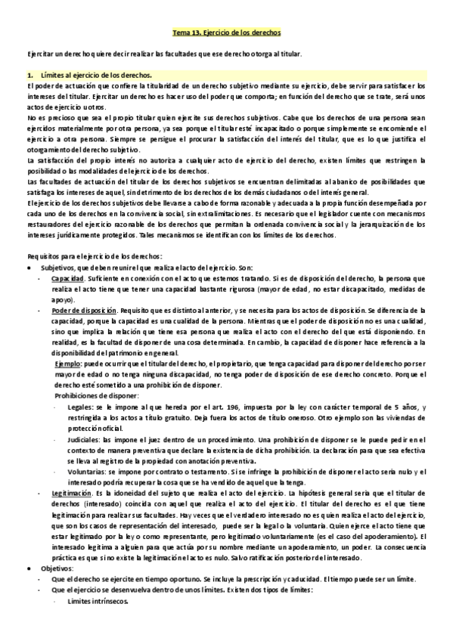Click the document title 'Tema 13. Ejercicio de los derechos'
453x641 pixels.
pyautogui.click(x=226, y=33)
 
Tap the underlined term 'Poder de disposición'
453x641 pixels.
pyautogui.click(x=84, y=311)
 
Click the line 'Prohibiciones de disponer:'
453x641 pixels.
pyautogui.click(x=97, y=395)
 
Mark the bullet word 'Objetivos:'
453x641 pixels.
pyautogui.click(x=57, y=567)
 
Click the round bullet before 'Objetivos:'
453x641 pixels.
pyautogui.click(x=29, y=567)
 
